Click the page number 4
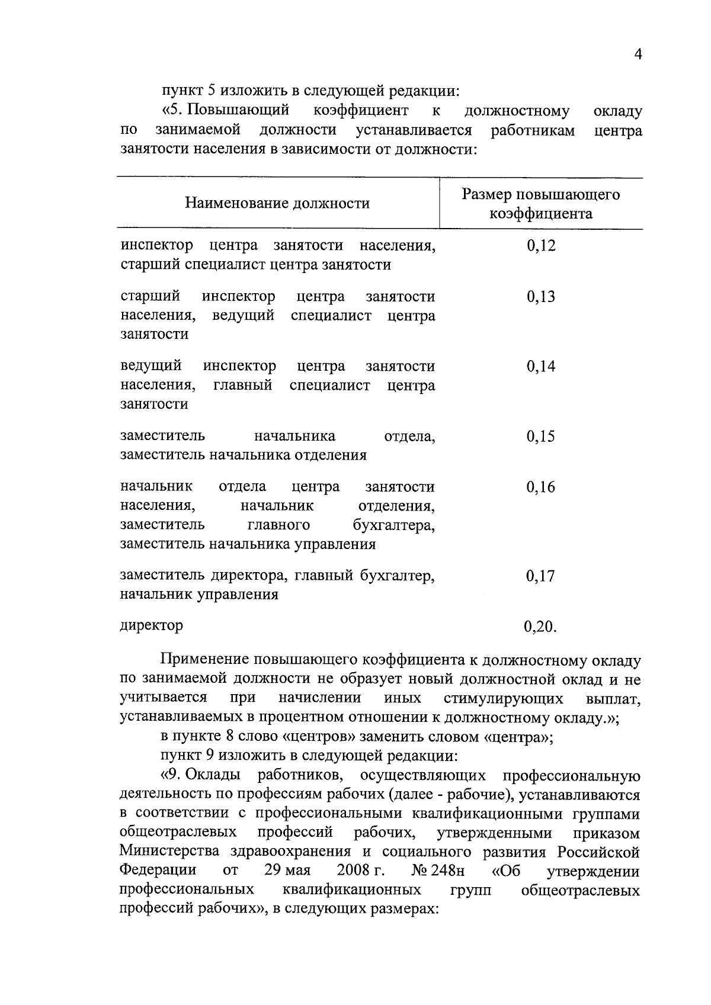(638, 54)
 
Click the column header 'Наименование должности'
(277, 204)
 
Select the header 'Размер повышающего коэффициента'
(540, 204)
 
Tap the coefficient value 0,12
(540, 246)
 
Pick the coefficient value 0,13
(540, 297)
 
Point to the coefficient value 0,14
(540, 367)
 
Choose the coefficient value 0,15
(540, 436)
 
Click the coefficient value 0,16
(540, 487)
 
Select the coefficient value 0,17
(540, 576)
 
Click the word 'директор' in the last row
(151, 625)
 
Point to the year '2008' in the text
(353, 871)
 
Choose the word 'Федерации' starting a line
(158, 871)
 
